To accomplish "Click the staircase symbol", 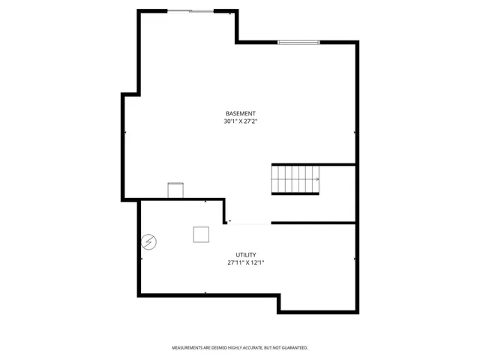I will (x=295, y=180).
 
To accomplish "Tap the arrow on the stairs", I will (x=316, y=179).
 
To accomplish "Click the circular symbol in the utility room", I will (x=150, y=241).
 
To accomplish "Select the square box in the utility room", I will (x=201, y=235).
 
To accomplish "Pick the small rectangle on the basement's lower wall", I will (x=175, y=190).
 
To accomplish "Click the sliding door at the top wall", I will (x=189, y=11).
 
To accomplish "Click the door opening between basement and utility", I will (x=249, y=223).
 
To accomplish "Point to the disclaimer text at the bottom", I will (x=240, y=348).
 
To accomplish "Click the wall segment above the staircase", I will (x=313, y=164).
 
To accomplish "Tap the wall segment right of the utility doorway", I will (x=313, y=223).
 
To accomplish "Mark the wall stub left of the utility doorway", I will (x=225, y=212).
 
